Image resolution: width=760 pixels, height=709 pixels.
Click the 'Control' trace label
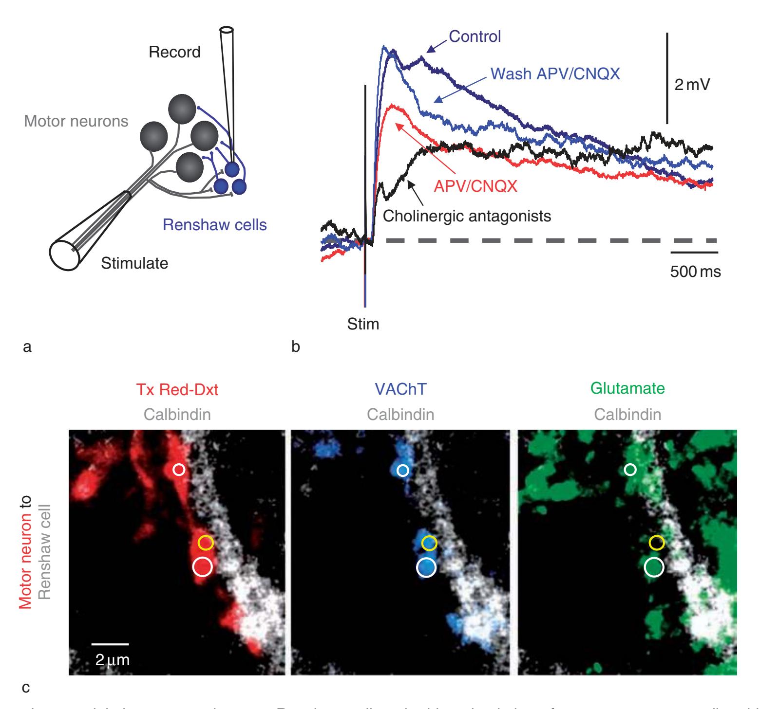[x=475, y=36]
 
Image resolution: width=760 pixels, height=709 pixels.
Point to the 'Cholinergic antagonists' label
[x=467, y=216]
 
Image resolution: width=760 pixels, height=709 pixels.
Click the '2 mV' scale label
[x=692, y=86]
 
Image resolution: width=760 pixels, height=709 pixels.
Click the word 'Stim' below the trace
[x=363, y=324]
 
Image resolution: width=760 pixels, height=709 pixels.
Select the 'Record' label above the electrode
[x=174, y=52]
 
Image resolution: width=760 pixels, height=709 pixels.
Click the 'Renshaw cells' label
[x=215, y=225]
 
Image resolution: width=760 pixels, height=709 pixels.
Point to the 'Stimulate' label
[x=134, y=263]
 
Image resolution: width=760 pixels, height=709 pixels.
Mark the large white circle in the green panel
[x=654, y=566]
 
